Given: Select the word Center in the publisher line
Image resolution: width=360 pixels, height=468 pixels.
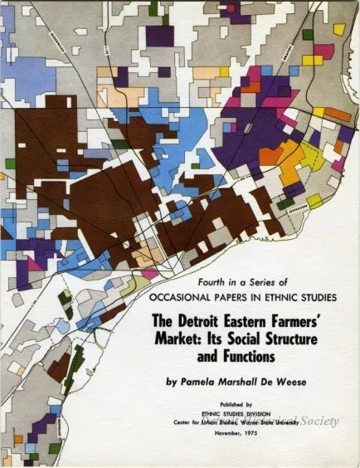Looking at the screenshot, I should tap(175, 422).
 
